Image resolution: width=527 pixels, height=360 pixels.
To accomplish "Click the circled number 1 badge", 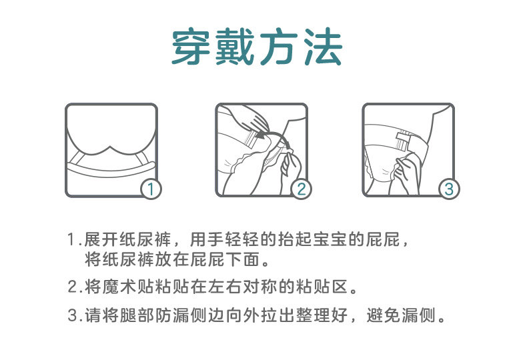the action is click(151, 189).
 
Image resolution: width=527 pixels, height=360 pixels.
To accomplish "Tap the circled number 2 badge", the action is click(301, 189).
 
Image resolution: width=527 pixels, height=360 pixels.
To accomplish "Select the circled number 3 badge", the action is click(449, 189).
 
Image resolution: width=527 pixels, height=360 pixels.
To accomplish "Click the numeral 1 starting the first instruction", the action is click(71, 240).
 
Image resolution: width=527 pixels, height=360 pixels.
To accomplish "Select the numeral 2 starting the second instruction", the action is click(73, 287).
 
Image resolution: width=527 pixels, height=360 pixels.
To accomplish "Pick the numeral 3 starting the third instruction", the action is click(73, 315).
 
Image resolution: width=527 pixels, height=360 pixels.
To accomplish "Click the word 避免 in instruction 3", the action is click(383, 315).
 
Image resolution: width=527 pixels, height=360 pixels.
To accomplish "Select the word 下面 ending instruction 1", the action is click(243, 259).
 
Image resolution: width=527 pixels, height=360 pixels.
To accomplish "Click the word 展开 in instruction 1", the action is click(101, 240).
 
